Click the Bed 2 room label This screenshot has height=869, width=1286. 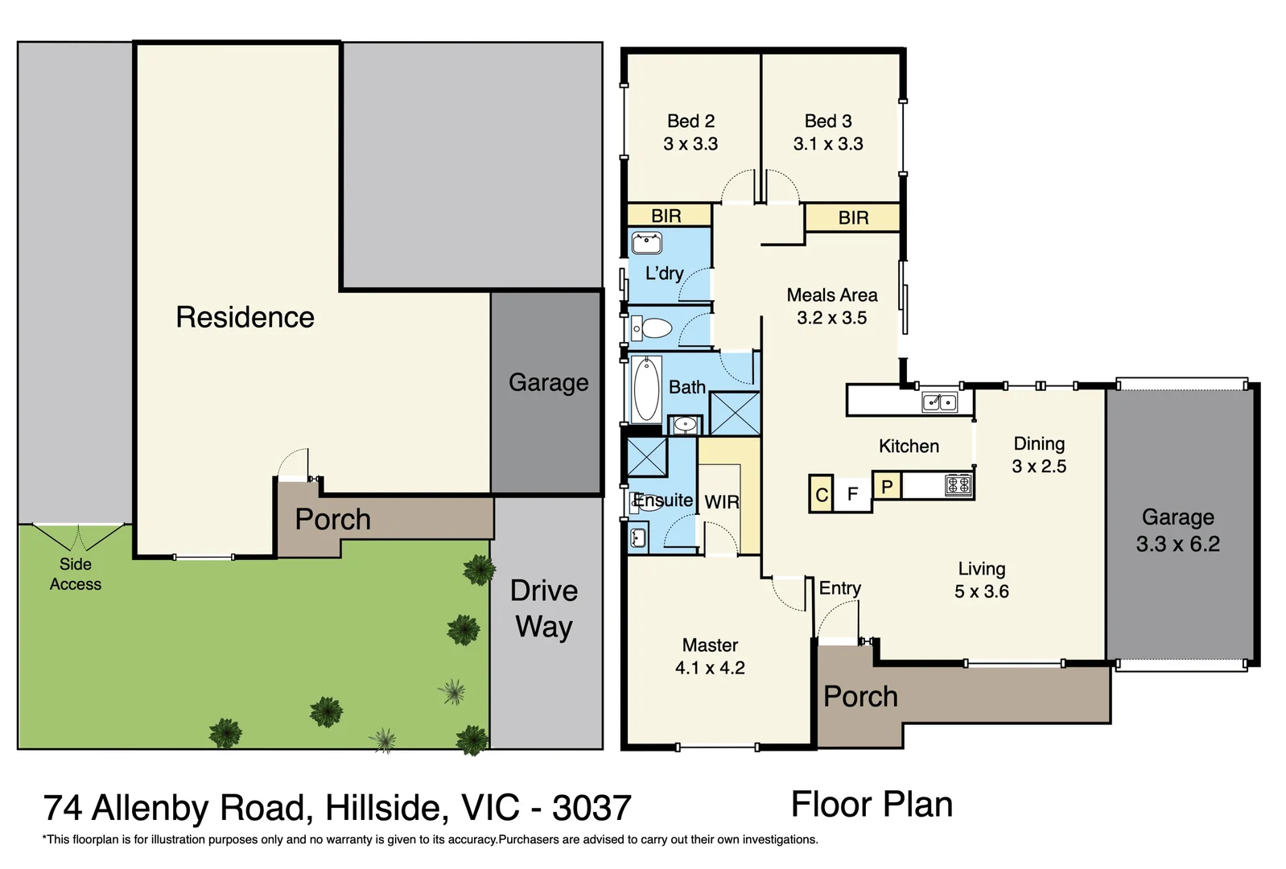click(690, 121)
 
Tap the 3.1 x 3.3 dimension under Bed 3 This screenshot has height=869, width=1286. click(828, 144)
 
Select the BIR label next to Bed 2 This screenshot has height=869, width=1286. click(666, 216)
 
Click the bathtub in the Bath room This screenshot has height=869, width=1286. click(645, 389)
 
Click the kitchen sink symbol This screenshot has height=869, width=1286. click(939, 401)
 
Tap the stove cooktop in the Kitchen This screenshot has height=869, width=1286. click(958, 484)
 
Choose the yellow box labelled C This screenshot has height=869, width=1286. click(821, 494)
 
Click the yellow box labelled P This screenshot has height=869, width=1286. click(887, 487)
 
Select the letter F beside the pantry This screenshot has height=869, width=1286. click(853, 494)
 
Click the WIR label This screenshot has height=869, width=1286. click(722, 502)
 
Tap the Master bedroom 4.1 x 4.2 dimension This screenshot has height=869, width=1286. click(710, 668)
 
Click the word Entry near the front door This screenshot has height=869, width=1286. click(840, 588)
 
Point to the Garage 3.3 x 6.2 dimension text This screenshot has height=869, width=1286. click(1177, 544)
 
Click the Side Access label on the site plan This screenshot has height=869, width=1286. click(76, 574)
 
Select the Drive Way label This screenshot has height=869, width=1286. click(544, 608)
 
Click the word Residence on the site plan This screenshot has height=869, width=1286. click(245, 317)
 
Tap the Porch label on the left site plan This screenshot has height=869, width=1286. click(332, 519)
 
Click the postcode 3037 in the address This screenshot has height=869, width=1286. click(591, 808)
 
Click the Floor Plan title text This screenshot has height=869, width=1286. click(872, 804)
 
